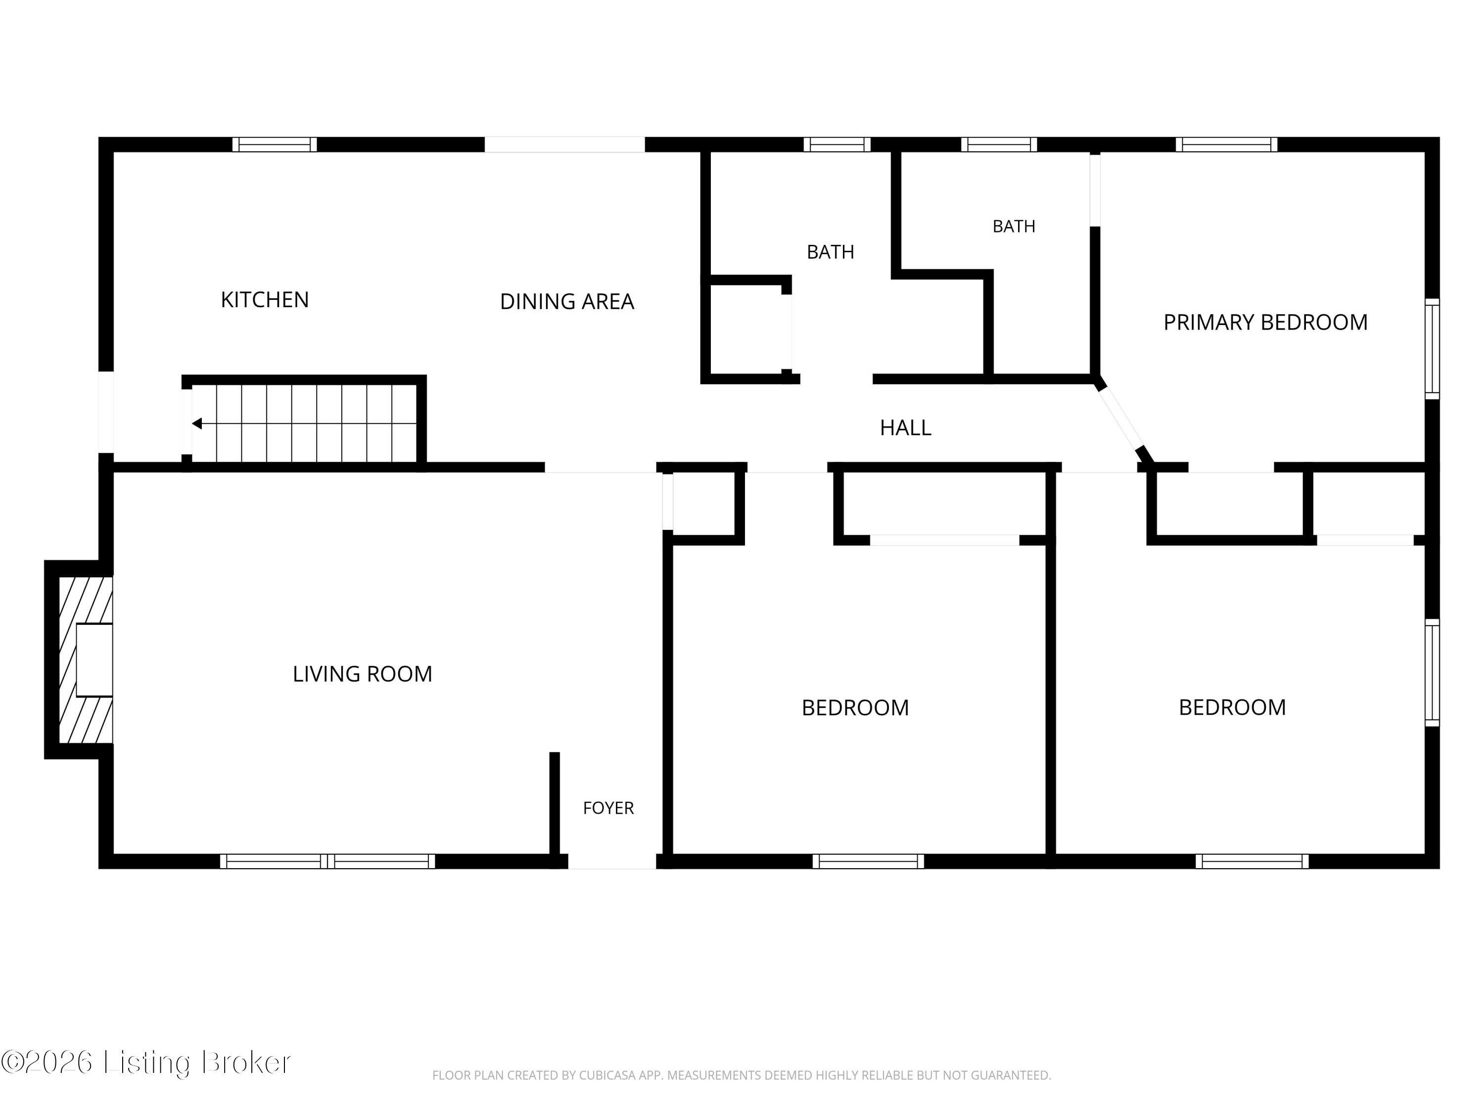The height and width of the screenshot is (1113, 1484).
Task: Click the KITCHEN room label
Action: [265, 300]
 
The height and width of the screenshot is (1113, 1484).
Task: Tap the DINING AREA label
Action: [567, 302]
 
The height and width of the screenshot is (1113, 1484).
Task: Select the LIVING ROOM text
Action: [362, 674]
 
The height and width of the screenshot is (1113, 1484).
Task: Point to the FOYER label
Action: [608, 808]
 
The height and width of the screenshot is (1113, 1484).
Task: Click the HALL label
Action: [906, 428]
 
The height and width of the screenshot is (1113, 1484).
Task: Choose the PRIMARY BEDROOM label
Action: [1265, 323]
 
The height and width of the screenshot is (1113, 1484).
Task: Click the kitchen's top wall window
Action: [275, 144]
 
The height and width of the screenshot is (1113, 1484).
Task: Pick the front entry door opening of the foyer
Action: [612, 861]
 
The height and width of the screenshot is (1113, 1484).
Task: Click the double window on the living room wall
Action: [327, 861]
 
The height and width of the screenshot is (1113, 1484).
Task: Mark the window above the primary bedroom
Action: [1226, 144]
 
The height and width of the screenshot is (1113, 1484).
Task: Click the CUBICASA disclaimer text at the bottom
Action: [742, 1075]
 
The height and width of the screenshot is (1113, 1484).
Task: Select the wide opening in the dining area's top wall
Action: [565, 144]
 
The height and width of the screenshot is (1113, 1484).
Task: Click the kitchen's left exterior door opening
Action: [106, 412]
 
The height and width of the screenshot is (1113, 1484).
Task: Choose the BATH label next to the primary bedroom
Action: [1014, 227]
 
